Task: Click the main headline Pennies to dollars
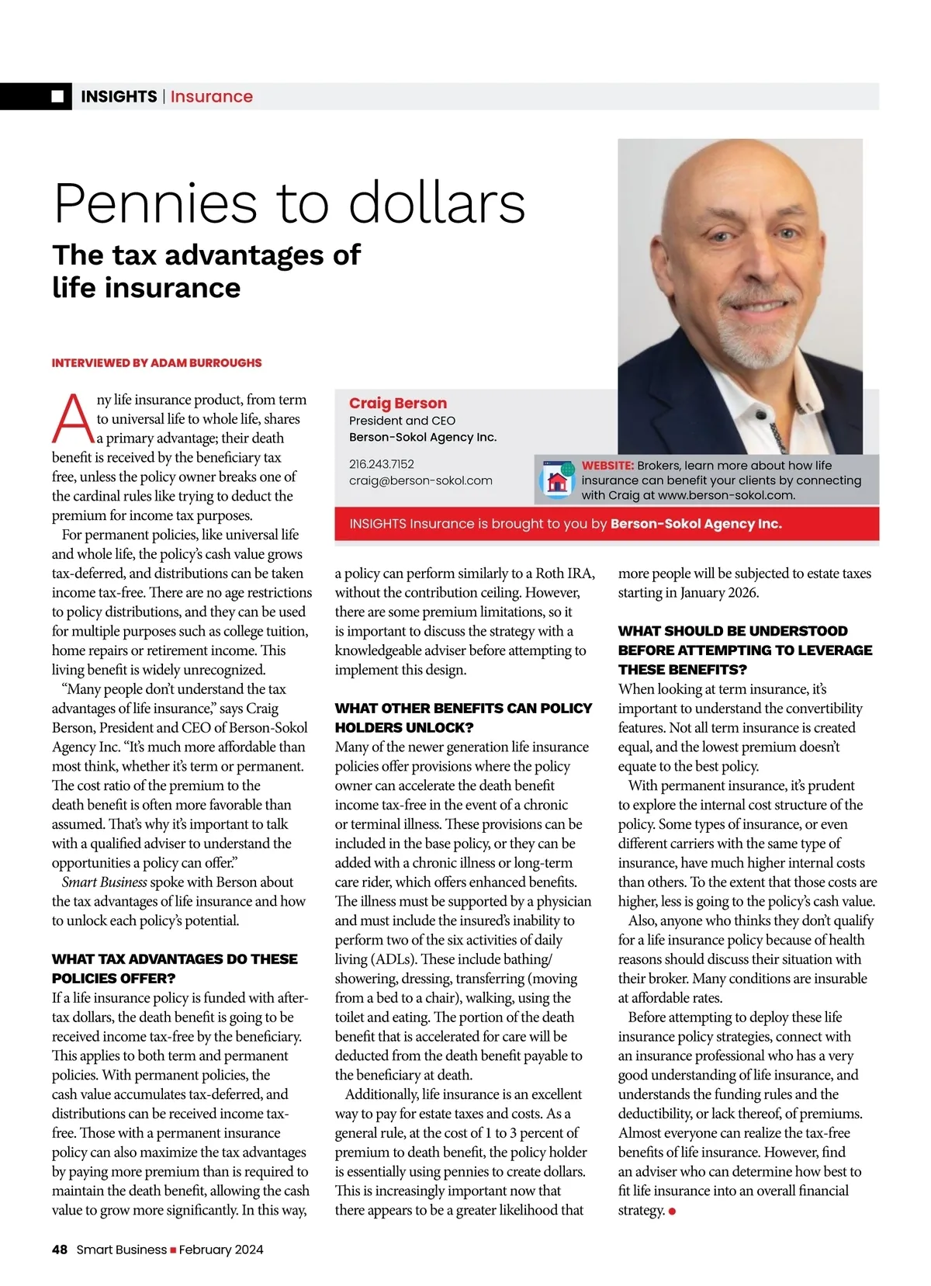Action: point(289,203)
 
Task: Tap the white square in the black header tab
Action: point(57,96)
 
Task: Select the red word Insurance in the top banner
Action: point(211,96)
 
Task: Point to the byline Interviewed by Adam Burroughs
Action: point(157,362)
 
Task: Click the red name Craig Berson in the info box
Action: point(397,403)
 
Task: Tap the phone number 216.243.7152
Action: point(381,464)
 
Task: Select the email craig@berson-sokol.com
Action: point(421,480)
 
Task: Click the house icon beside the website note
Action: point(556,481)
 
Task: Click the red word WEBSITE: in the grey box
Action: point(607,466)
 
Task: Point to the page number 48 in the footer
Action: point(60,1250)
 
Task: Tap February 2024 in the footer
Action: point(221,1250)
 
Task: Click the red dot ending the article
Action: point(672,1211)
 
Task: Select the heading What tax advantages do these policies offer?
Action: point(175,969)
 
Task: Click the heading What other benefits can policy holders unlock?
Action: point(463,718)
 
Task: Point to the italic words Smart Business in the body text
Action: point(104,882)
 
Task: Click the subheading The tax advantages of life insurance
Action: point(206,271)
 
